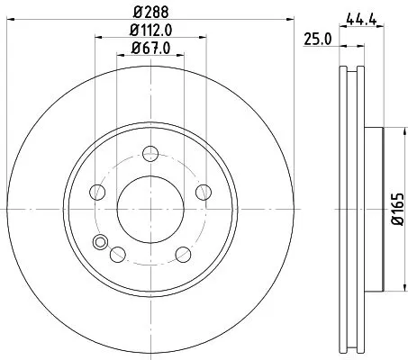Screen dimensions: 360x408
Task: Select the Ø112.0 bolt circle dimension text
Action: coord(150,31)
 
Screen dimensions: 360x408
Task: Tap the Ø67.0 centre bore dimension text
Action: coord(150,48)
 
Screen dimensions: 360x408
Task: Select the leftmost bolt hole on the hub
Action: coord(96,192)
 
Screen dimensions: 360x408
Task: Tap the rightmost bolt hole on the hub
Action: coord(204,191)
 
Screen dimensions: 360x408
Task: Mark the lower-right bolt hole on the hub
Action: coord(184,253)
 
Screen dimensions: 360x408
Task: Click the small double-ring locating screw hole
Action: coord(99,241)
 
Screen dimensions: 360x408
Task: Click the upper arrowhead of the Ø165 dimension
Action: coord(390,127)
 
